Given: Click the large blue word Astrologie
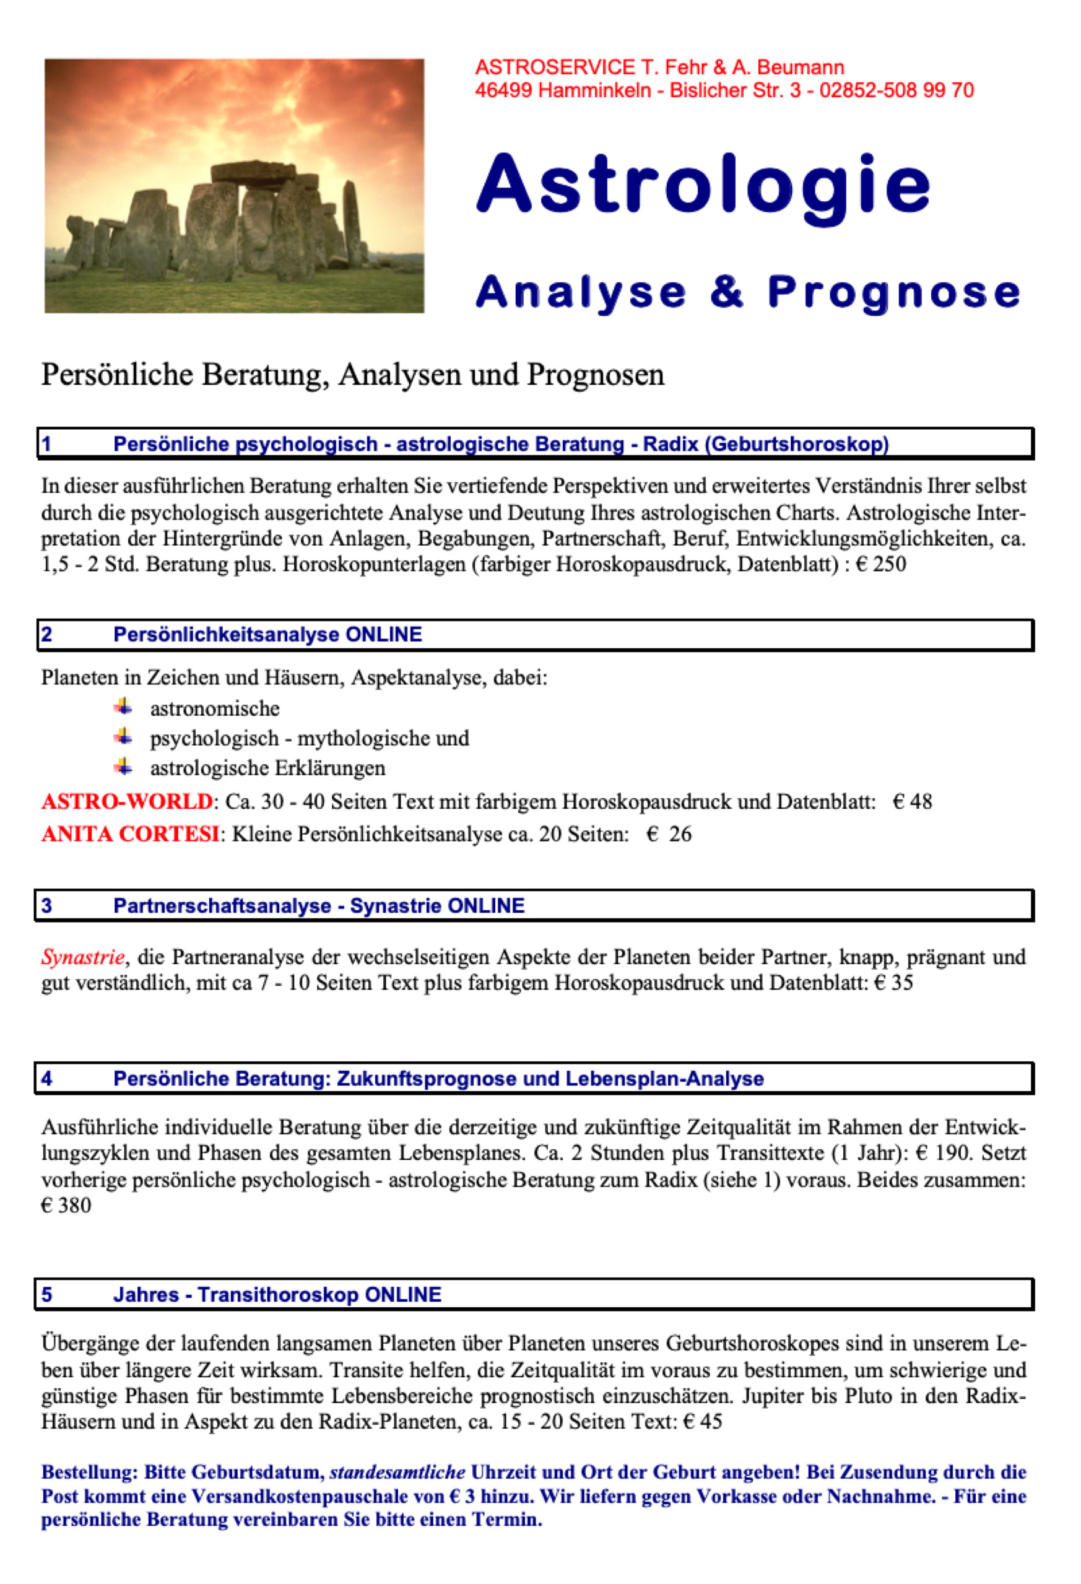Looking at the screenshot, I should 703,185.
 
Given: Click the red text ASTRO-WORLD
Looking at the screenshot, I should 128,801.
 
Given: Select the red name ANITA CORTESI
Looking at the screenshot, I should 130,833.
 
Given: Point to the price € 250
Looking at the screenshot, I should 880,564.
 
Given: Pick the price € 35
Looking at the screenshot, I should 893,982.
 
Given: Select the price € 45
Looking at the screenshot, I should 702,1421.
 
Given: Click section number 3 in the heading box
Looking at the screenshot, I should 46,906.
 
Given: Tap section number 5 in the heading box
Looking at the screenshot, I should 46,1294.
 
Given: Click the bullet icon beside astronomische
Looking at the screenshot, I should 123,706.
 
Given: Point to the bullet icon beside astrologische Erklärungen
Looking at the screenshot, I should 123,766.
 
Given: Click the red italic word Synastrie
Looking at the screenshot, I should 83,957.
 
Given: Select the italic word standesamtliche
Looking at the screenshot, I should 397,1471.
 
